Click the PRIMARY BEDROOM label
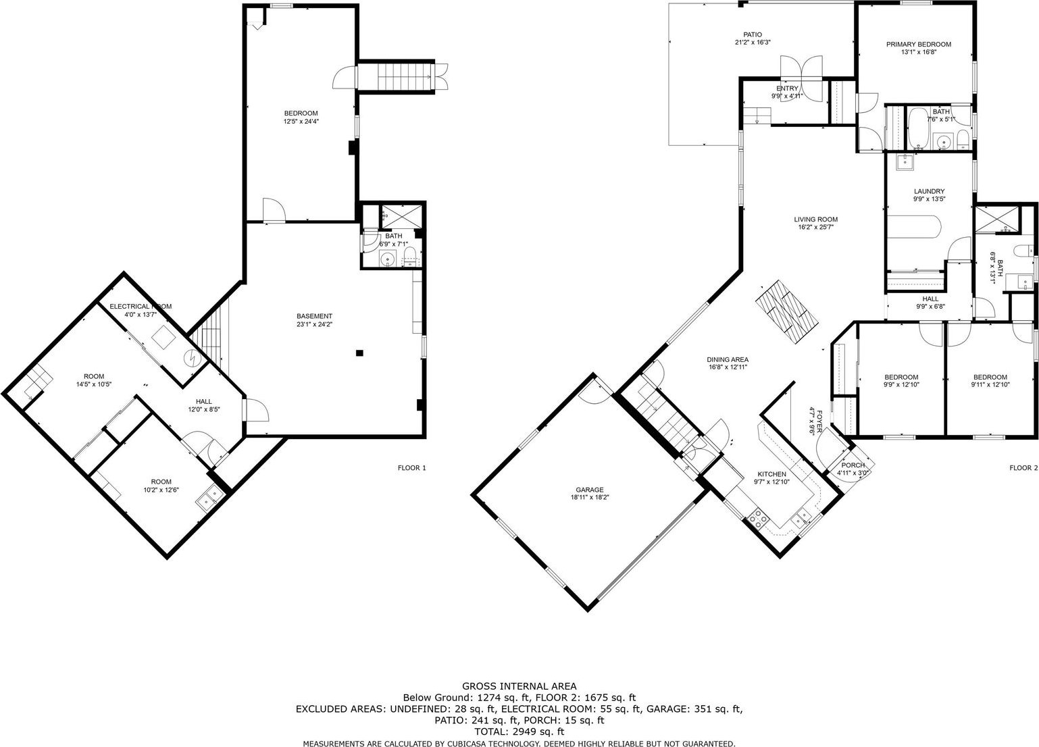point(918,45)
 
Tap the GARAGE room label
point(590,490)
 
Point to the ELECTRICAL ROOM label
point(141,307)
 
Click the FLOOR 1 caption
point(411,468)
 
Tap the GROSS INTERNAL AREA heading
point(519,686)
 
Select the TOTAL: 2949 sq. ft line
point(519,732)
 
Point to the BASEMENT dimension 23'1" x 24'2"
point(315,324)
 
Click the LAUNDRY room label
point(929,191)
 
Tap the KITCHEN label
point(772,474)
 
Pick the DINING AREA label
point(728,359)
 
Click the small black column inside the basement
point(359,353)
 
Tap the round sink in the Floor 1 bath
point(387,259)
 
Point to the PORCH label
point(853,465)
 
